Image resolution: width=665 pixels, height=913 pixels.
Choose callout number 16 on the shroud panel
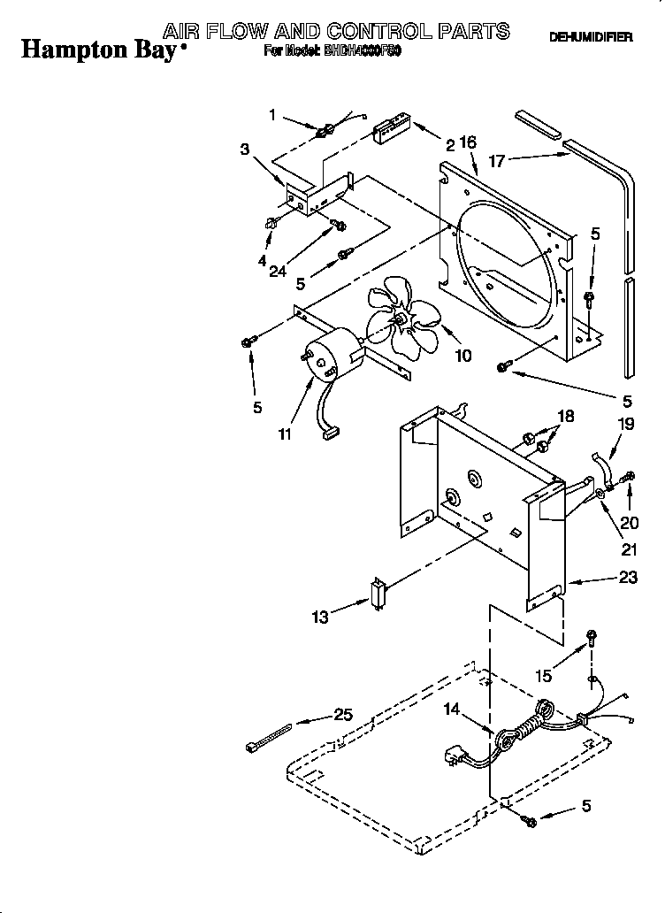click(x=468, y=142)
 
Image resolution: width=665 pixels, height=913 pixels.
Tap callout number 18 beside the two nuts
click(x=565, y=417)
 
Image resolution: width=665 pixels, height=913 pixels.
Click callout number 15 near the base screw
click(x=544, y=675)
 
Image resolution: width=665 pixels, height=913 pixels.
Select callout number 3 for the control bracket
click(x=244, y=150)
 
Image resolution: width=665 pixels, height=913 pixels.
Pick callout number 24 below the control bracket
click(x=277, y=272)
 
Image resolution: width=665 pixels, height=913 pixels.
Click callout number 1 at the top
click(x=272, y=114)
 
